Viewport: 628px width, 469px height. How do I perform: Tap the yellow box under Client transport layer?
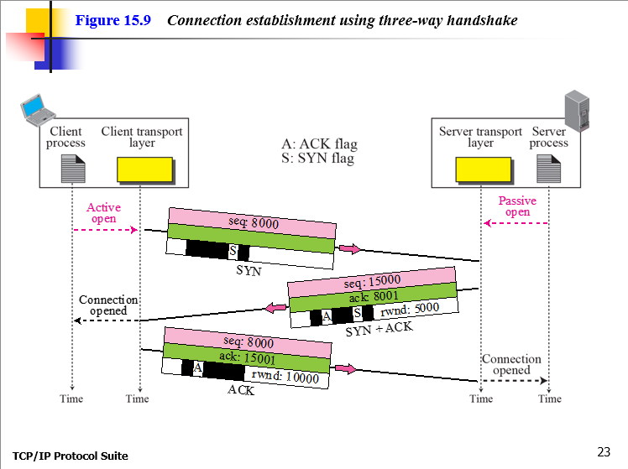pyautogui.click(x=145, y=169)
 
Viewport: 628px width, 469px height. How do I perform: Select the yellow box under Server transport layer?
pyautogui.click(x=483, y=169)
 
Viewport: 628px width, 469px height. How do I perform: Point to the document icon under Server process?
pyautogui.click(x=549, y=169)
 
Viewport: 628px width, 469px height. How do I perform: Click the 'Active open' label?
pyautogui.click(x=103, y=213)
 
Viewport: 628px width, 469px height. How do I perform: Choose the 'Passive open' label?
pyautogui.click(x=517, y=206)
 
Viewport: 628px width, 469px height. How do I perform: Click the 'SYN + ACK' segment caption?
pyautogui.click(x=379, y=328)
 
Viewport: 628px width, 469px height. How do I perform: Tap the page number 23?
pyautogui.click(x=604, y=452)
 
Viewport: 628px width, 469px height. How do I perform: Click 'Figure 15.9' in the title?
pyautogui.click(x=113, y=20)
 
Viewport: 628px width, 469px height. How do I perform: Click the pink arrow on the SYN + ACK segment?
pyautogui.click(x=275, y=309)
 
